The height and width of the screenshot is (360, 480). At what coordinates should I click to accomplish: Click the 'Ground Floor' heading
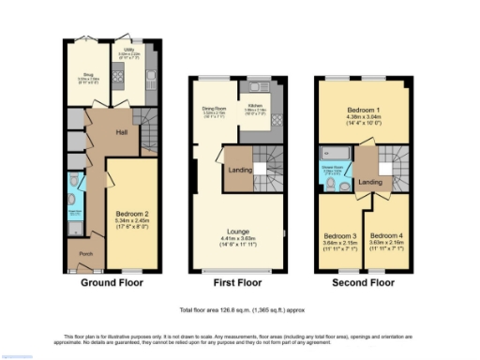(112, 282)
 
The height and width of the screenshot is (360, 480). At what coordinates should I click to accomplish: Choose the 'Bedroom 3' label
(339, 235)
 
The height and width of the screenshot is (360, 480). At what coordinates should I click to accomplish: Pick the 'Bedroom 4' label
(385, 235)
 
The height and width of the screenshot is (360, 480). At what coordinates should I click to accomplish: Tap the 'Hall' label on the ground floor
(121, 132)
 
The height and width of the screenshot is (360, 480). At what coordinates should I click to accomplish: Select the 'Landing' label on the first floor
(238, 169)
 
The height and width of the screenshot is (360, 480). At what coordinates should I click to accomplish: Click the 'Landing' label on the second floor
(369, 182)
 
